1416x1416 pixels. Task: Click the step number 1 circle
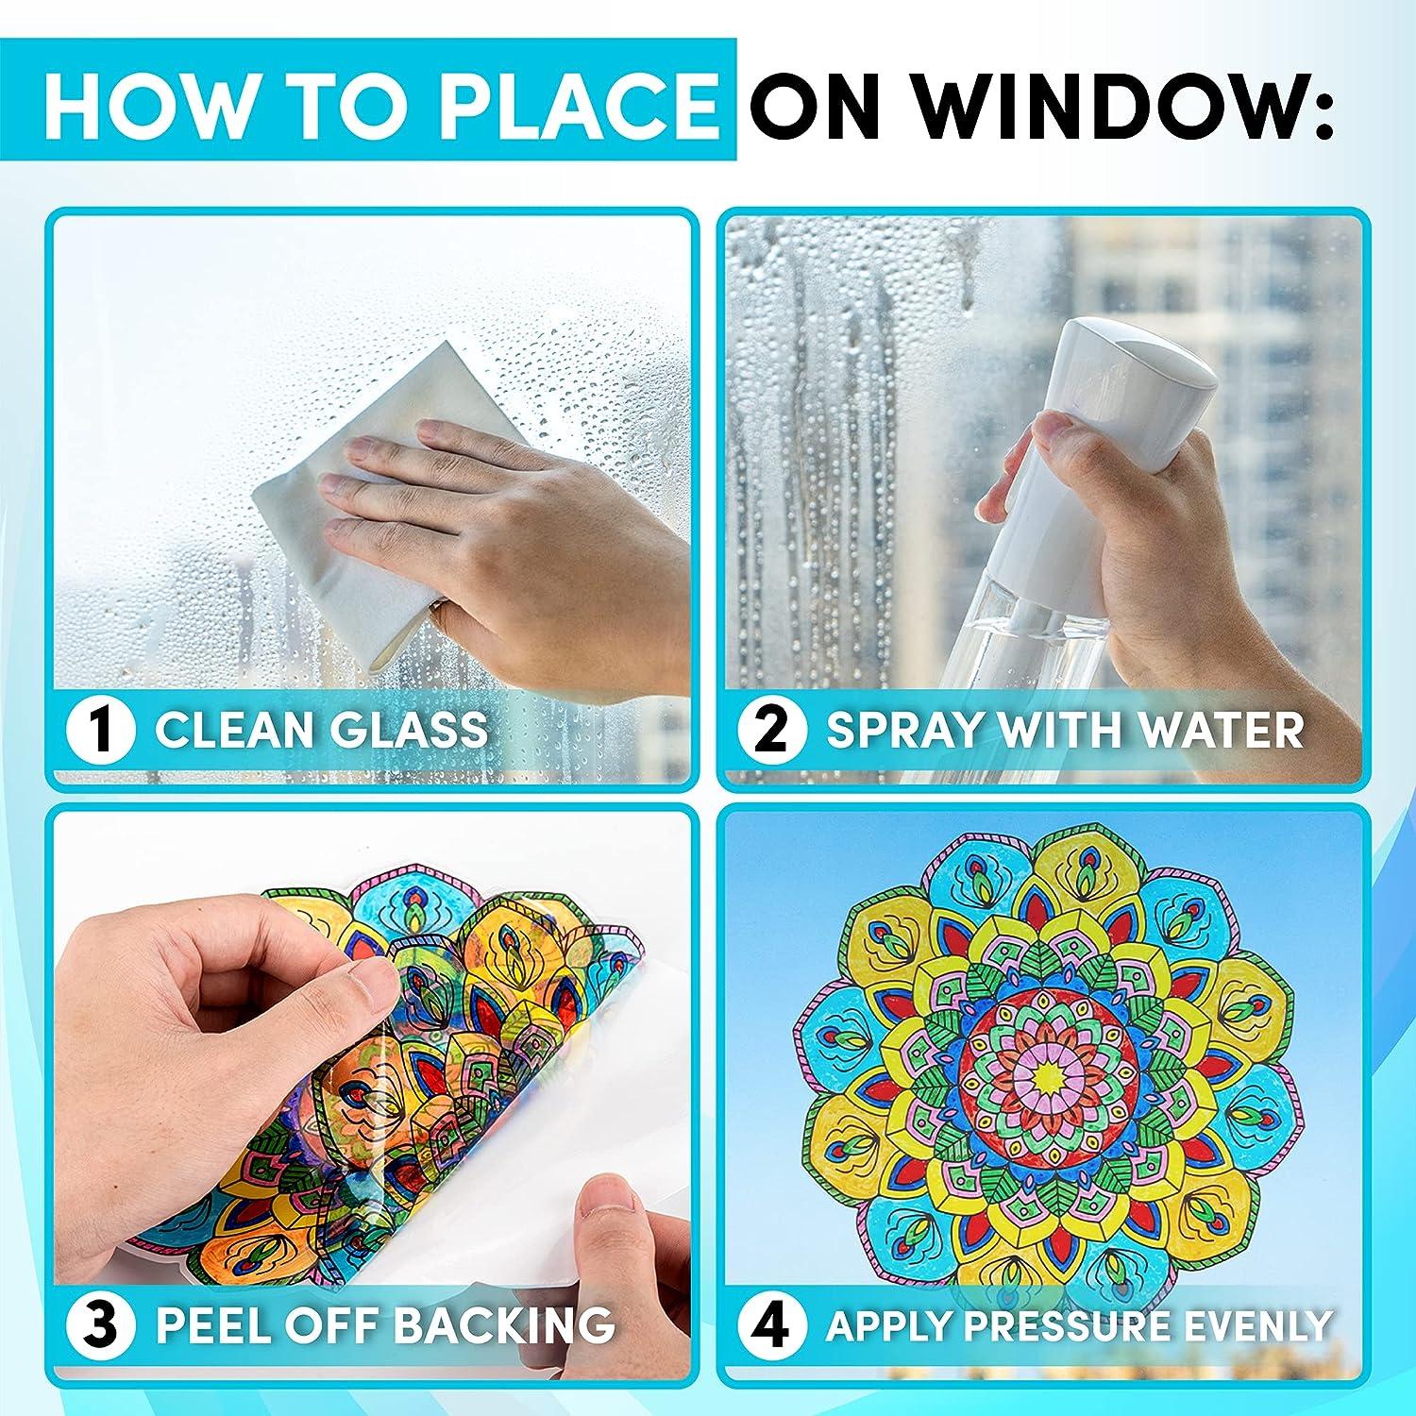click(x=101, y=730)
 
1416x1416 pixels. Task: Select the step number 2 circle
click(x=773, y=730)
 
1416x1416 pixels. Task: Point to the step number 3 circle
click(x=101, y=1324)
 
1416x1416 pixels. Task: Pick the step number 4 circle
click(x=773, y=1324)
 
